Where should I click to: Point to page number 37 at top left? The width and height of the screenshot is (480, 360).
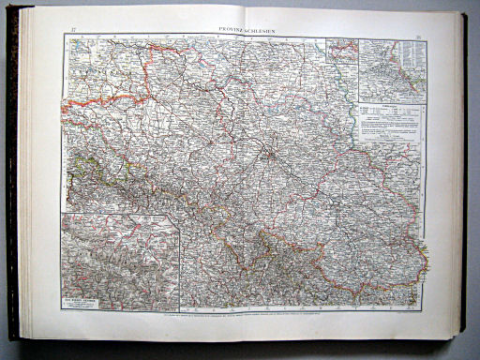tap(73, 31)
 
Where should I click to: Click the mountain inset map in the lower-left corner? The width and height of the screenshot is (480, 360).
tap(119, 262)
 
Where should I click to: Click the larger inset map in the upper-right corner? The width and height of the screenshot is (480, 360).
tap(392, 70)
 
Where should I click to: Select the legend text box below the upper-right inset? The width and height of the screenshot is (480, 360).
tap(392, 122)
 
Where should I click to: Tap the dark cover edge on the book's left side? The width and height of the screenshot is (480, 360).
tap(13, 178)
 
